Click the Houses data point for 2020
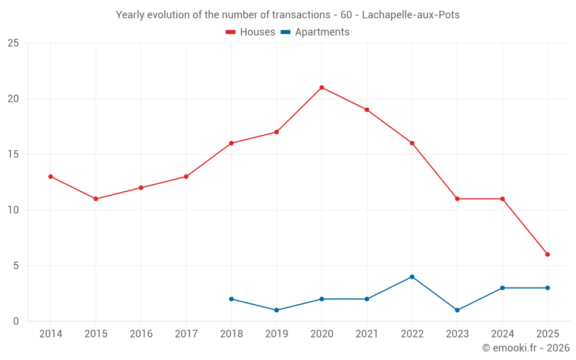coord(321,88)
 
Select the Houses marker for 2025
coord(547,255)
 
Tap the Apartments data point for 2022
coord(412,277)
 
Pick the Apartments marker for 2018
coord(231,299)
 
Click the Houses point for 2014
coord(51,177)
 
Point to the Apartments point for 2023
coord(457,310)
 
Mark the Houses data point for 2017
coord(186,177)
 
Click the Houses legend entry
coord(251,32)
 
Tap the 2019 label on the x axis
coord(276,334)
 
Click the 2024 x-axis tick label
coord(502,334)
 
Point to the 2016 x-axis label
coord(141,334)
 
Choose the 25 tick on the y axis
coord(13,43)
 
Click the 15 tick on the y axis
coord(13,154)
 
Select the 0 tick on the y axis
coord(16,321)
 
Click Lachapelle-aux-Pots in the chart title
coord(411,15)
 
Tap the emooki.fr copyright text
coord(526,348)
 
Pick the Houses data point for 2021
coord(366,110)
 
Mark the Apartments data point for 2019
coord(276,310)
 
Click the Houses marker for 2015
coord(96,199)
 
